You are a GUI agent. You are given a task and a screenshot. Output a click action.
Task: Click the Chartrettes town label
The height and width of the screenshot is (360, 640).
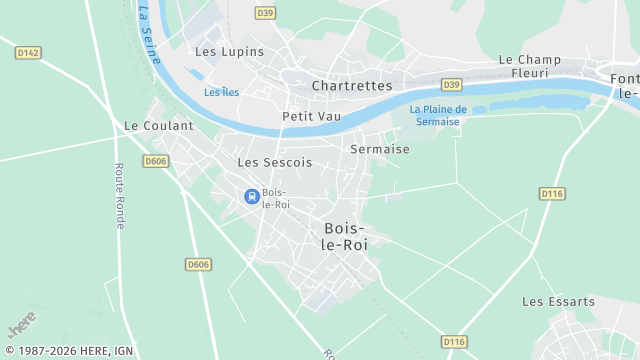click(x=352, y=86)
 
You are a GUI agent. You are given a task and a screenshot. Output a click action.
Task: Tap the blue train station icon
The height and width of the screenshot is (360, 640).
click(x=252, y=196)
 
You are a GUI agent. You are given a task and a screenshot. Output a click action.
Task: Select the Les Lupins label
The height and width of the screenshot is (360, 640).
click(x=229, y=51)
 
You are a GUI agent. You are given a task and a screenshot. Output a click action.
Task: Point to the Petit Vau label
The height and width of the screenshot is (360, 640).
click(x=311, y=116)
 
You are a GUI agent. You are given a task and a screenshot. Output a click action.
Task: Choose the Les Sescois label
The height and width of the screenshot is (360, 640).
click(x=275, y=161)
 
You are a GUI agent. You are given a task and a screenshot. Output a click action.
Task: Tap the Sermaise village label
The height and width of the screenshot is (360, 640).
click(x=380, y=149)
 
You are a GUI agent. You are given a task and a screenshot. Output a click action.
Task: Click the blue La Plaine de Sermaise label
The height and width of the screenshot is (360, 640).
click(x=439, y=115)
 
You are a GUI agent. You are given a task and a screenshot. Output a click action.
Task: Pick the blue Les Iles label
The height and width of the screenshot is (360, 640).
click(x=221, y=92)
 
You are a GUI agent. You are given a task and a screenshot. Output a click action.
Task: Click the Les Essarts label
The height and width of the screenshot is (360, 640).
click(x=558, y=301)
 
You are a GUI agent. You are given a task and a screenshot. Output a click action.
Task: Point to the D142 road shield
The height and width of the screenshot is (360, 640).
click(x=28, y=53)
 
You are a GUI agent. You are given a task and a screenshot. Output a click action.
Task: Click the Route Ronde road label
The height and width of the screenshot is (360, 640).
click(x=119, y=196)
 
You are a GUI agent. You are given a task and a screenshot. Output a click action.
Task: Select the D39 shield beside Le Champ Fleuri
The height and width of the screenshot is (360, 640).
click(x=452, y=85)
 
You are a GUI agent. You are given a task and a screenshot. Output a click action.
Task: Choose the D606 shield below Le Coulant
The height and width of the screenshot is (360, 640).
click(x=156, y=161)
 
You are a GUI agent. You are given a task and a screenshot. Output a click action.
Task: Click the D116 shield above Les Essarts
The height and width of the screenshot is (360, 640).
click(x=552, y=193)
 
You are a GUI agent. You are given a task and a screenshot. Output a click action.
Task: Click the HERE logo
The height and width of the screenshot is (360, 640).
click(x=21, y=324)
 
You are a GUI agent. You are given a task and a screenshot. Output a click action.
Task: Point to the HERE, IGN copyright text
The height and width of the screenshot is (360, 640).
click(x=67, y=351)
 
